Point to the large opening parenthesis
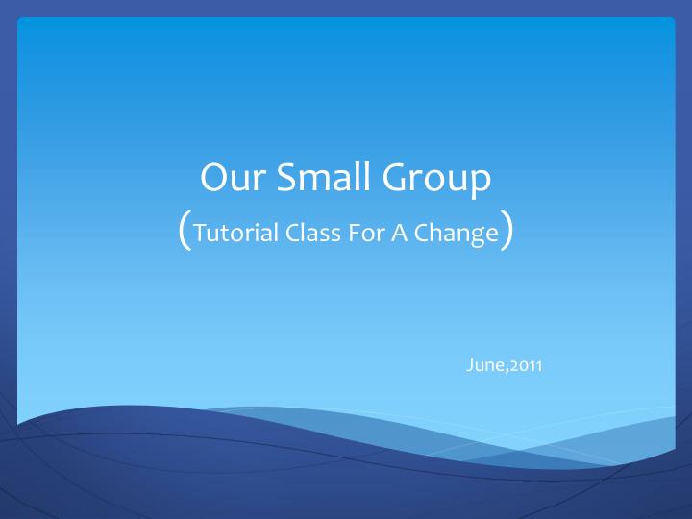pos(185,231)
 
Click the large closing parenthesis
pos(506,231)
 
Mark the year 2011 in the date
pos(527,364)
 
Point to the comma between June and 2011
pos(507,369)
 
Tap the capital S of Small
pos(286,179)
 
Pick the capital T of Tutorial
pos(198,233)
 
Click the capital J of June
pos(470,364)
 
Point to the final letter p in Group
pos(481,183)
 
